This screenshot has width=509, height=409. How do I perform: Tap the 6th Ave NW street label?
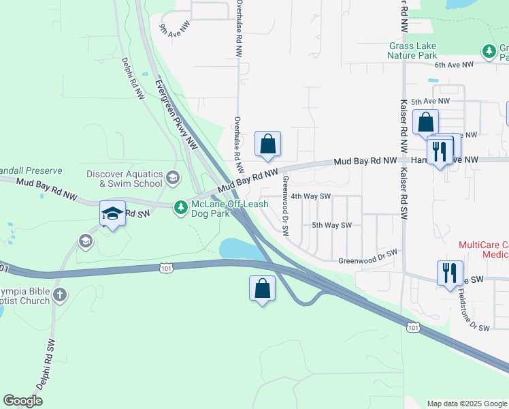click(453, 65)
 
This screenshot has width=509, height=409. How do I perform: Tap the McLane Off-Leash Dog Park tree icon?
click(180, 206)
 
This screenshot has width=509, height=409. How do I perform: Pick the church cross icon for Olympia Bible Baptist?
click(60, 294)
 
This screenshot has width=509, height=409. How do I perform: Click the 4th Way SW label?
click(310, 196)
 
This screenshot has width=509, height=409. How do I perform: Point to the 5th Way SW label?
click(331, 225)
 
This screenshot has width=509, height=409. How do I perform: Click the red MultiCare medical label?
click(483, 249)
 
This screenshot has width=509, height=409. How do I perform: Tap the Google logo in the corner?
click(23, 401)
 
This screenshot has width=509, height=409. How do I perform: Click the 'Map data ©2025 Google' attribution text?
click(467, 404)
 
